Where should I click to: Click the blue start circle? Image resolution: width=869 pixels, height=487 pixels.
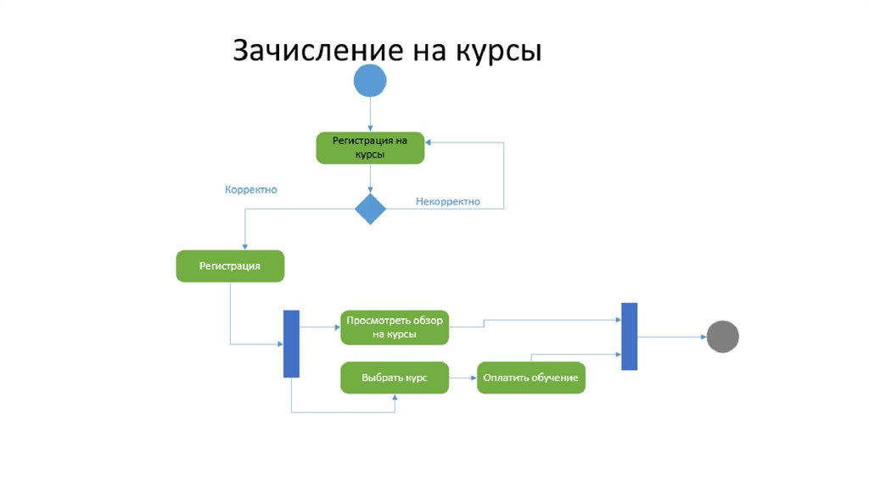369,81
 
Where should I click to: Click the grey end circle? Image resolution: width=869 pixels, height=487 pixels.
722,337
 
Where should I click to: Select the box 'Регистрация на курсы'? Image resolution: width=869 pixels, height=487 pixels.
369,148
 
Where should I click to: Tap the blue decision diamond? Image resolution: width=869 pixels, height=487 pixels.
369,208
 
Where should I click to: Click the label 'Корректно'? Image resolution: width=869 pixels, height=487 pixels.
250,190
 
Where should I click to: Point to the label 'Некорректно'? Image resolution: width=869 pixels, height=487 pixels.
447,202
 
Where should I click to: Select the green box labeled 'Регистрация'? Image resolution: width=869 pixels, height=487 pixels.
230,266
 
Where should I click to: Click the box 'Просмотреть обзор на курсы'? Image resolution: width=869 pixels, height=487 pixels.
395,327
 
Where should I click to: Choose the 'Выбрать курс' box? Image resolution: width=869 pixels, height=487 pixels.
395,378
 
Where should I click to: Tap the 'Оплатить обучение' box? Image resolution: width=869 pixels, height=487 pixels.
531,378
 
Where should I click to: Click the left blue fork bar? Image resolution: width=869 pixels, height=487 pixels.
291,344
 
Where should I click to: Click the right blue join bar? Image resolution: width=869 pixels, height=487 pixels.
629,336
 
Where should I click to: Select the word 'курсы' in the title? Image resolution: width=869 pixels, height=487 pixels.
502,50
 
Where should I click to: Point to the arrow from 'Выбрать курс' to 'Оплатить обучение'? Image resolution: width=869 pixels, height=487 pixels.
463,378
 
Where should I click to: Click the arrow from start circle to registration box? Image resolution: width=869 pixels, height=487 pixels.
369,115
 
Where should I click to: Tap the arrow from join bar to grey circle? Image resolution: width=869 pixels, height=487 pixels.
671,337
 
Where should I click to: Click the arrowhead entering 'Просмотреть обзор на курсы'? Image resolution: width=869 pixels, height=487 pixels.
337,327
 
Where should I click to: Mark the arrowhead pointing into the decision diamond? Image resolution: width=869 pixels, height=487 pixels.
369,190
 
